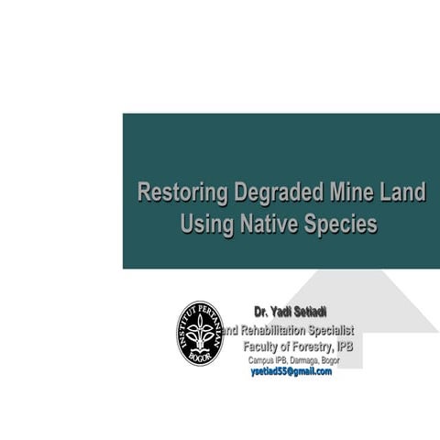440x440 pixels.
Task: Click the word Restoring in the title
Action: (x=180, y=194)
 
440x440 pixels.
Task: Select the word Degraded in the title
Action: (x=274, y=194)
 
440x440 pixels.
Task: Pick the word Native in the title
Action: (x=271, y=224)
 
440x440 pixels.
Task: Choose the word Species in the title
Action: (x=343, y=224)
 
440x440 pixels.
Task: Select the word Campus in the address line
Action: (x=261, y=360)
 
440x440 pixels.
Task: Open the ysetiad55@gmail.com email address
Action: (x=291, y=372)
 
